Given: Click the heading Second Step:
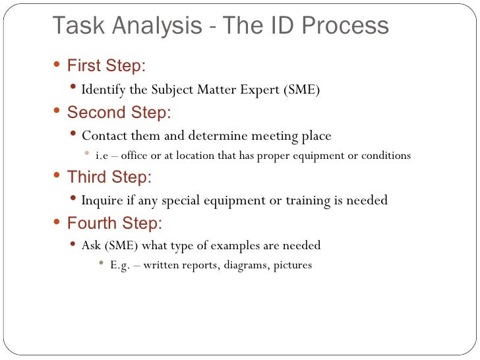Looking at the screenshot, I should tap(119, 112).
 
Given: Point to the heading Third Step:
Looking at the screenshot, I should tap(109, 177).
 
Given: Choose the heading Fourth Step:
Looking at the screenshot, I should tap(114, 224).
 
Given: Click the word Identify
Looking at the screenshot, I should tap(104, 90).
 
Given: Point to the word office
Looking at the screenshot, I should tap(136, 156).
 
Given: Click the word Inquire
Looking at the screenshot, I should tap(102, 200).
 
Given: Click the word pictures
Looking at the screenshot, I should tap(289, 266).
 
